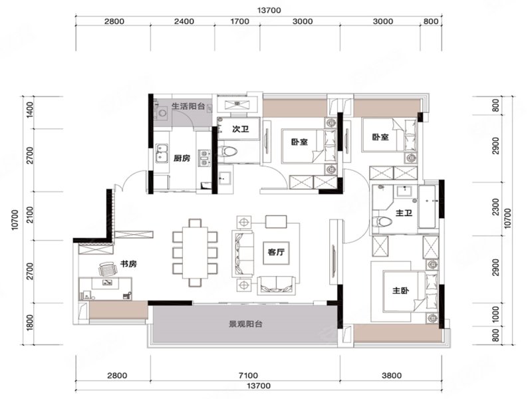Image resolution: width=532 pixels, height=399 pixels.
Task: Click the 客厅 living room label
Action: [x=276, y=252]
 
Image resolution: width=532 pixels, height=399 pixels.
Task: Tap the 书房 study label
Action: [x=128, y=263]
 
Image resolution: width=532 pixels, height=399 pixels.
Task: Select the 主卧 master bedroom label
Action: [x=401, y=291]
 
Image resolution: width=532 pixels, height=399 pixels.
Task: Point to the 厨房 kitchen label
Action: [x=182, y=158]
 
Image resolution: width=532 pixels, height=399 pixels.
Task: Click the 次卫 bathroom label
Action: [x=241, y=129]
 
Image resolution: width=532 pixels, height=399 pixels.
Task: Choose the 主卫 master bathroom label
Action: [x=404, y=213]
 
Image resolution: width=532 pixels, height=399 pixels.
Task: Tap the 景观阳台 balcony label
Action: [x=245, y=324]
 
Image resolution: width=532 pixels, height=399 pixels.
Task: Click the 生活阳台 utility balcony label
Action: [x=188, y=106]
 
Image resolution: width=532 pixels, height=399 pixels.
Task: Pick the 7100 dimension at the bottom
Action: [x=248, y=376]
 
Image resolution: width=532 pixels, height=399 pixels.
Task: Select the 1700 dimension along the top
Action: [x=240, y=21]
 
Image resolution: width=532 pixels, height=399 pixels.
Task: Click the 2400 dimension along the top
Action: [x=184, y=21]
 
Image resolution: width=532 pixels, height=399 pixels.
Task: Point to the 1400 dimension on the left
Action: [x=30, y=110]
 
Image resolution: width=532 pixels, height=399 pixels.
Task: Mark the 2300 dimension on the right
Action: [x=496, y=207]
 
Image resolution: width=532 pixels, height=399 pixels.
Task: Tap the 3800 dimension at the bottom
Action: [x=392, y=376]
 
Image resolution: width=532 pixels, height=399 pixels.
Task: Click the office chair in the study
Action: [x=108, y=269]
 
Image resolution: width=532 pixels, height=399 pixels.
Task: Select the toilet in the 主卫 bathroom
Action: [x=382, y=222]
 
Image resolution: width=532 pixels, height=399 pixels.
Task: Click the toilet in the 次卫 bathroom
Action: [x=227, y=151]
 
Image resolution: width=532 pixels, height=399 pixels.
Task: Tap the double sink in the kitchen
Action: [x=162, y=153]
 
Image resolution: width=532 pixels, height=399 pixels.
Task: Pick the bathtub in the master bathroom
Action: [x=427, y=207]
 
